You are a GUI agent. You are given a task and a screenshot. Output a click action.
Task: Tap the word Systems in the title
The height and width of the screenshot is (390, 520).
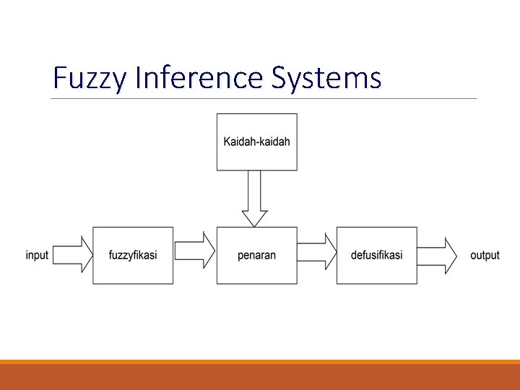pos(326,78)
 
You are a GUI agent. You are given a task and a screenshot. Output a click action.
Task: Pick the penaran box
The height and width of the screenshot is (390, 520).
pos(256,271)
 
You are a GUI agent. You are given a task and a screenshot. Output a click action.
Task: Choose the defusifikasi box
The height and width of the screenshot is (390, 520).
pos(376,271)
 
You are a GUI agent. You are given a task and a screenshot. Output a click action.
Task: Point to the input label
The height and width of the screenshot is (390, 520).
pos(37,256)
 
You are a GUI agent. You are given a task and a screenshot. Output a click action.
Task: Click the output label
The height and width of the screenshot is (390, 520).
pos(485,256)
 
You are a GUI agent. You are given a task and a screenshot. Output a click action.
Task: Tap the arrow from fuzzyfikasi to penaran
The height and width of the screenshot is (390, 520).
pos(195,251)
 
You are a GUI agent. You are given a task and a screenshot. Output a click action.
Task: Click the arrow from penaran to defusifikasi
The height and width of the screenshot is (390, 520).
pos(317,251)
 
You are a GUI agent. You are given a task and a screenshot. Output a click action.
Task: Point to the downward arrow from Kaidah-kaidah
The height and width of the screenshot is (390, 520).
pos(254,198)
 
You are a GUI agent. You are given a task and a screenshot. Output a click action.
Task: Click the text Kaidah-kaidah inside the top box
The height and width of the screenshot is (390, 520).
pos(256,142)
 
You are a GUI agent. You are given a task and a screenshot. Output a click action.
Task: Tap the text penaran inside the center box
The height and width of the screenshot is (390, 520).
pos(256,256)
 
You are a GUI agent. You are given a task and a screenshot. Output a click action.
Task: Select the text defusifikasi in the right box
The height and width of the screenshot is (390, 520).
pos(376,256)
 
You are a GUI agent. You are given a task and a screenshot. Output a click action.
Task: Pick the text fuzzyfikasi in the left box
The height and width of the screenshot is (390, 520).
pos(133,256)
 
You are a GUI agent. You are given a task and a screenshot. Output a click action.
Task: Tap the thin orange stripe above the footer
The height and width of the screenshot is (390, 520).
pos(260,362)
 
